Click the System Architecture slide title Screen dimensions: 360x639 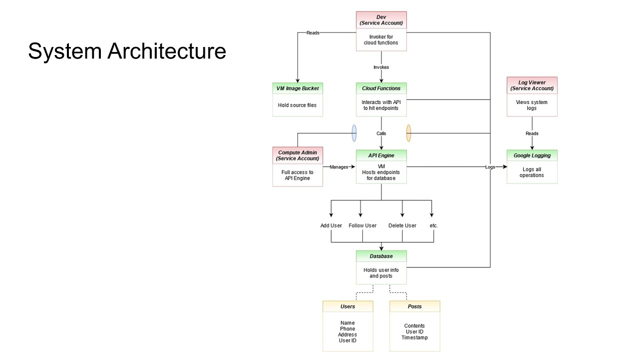pyautogui.click(x=127, y=51)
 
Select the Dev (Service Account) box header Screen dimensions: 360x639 pyautogui.click(x=381, y=20)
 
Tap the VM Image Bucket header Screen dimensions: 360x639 pyautogui.click(x=298, y=88)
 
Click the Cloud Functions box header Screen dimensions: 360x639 pyautogui.click(x=381, y=88)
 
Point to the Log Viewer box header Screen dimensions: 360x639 pyautogui.click(x=532, y=85)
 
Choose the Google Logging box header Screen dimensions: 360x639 pyautogui.click(x=532, y=155)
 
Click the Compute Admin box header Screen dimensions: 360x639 pyautogui.click(x=298, y=155)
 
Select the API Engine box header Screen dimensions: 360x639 pyautogui.click(x=381, y=155)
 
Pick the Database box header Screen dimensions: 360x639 pyautogui.click(x=381, y=256)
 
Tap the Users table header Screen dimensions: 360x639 pyautogui.click(x=347, y=306)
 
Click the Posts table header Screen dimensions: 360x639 pyautogui.click(x=415, y=306)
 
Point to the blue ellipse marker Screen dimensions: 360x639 pyautogui.click(x=354, y=133)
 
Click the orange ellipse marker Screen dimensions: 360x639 pyautogui.click(x=408, y=133)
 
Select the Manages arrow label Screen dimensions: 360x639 pyautogui.click(x=338, y=167)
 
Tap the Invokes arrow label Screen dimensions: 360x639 pyautogui.click(x=381, y=67)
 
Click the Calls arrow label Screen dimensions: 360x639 pyautogui.click(x=381, y=133)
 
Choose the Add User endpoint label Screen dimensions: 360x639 pyautogui.click(x=331, y=225)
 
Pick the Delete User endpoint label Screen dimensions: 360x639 pyautogui.click(x=402, y=225)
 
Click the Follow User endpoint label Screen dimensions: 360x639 pyautogui.click(x=362, y=225)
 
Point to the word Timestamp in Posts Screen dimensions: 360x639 pyautogui.click(x=414, y=337)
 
